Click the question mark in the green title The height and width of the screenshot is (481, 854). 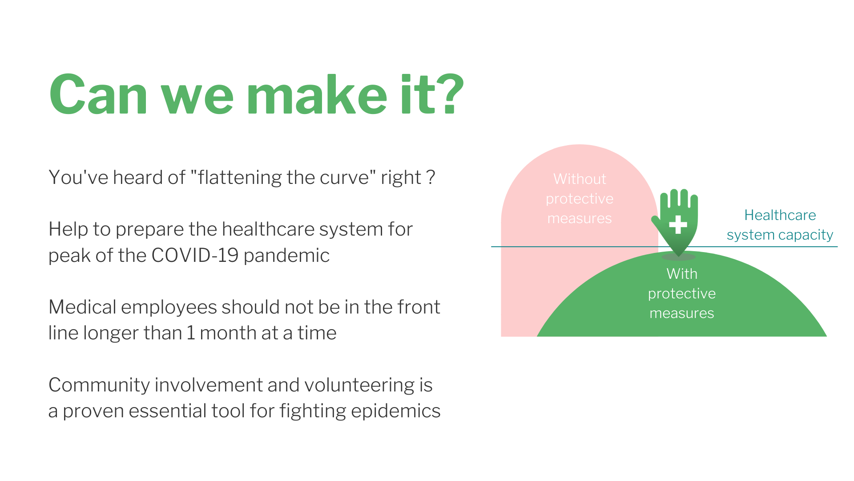point(447,94)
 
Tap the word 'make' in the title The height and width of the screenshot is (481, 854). point(316,94)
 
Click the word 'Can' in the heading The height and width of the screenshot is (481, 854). point(98,94)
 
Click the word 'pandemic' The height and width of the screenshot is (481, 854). point(286,255)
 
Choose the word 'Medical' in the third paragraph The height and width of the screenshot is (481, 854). point(82,307)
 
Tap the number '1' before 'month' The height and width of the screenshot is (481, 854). point(191,333)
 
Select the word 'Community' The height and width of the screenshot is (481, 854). point(99,385)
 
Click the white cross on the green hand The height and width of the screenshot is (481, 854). point(678,224)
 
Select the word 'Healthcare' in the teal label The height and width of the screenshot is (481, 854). point(780,215)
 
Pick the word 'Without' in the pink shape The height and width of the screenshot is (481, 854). point(580,179)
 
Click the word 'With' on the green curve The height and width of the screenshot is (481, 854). point(682,273)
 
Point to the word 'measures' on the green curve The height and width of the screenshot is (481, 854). point(682,313)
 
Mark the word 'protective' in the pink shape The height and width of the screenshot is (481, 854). point(580,199)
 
